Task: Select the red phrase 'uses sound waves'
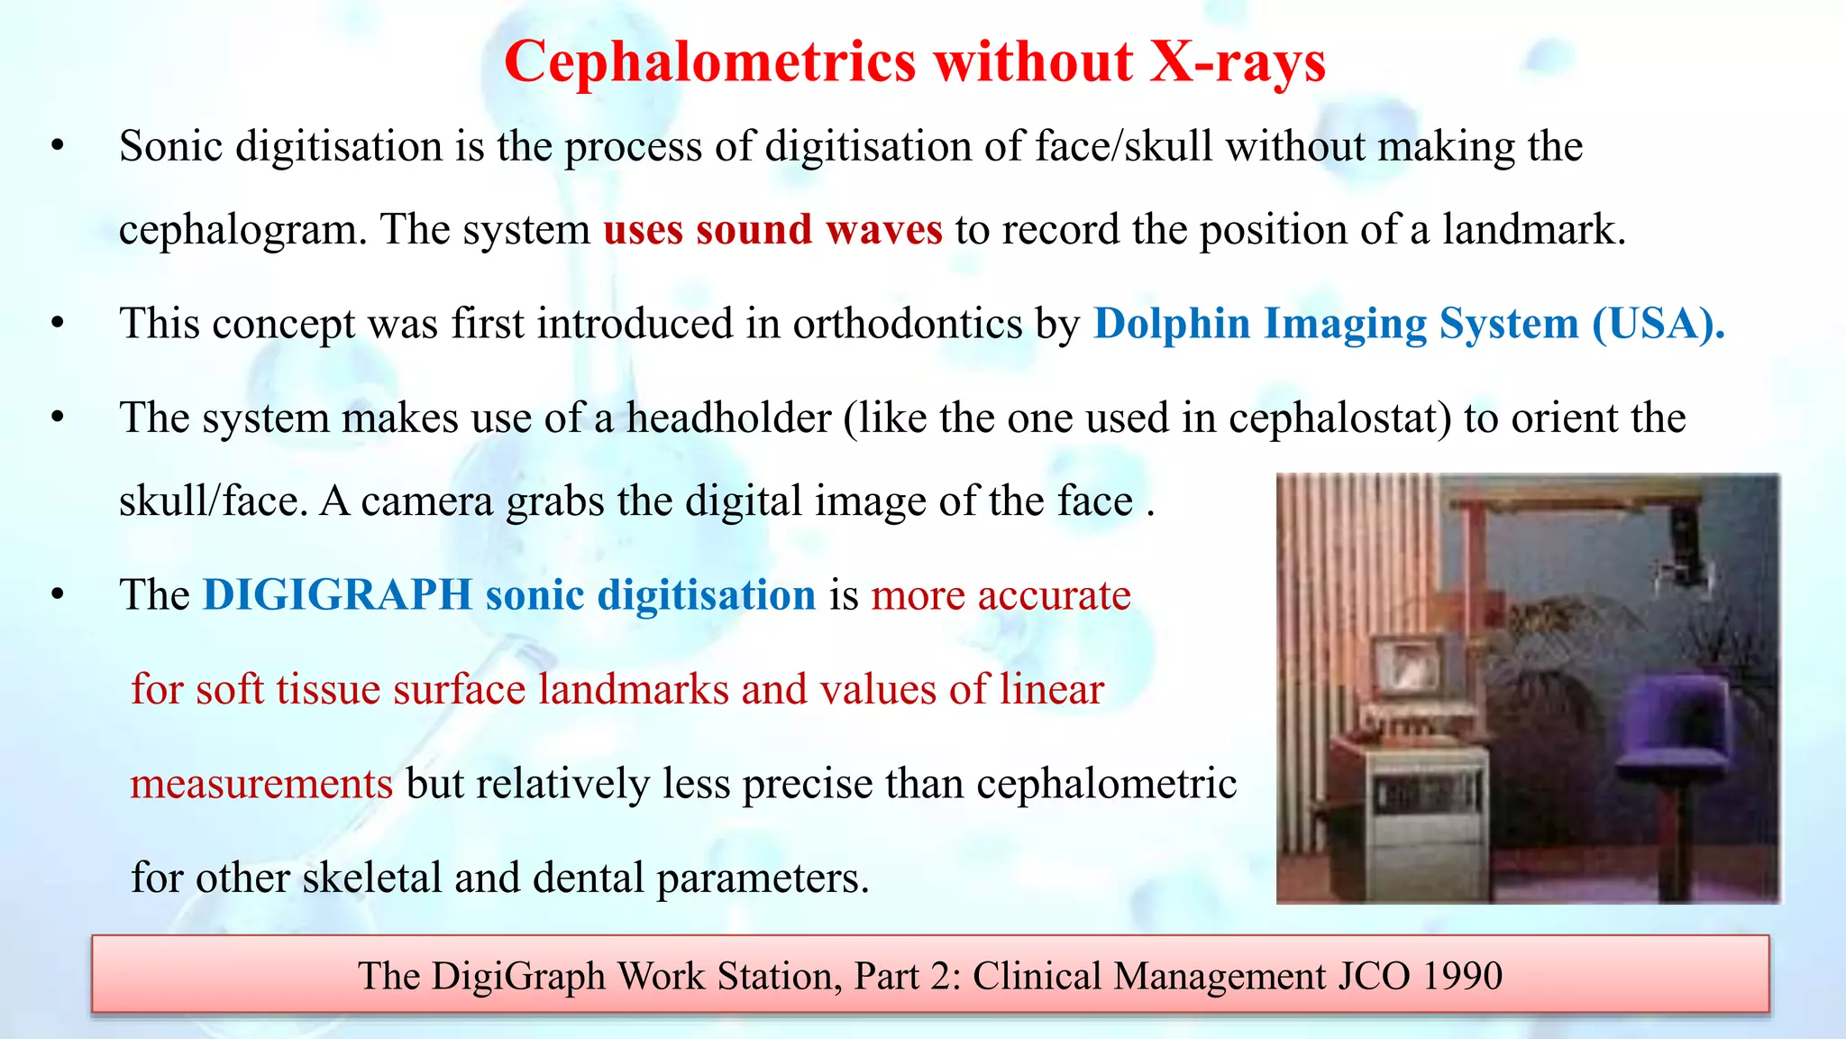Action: click(772, 229)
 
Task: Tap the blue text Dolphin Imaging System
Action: click(1337, 324)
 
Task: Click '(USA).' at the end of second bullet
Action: click(1659, 324)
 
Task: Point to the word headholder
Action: click(728, 418)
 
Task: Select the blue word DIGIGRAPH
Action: click(337, 595)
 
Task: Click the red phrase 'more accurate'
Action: click(1001, 595)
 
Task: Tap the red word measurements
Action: click(261, 784)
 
